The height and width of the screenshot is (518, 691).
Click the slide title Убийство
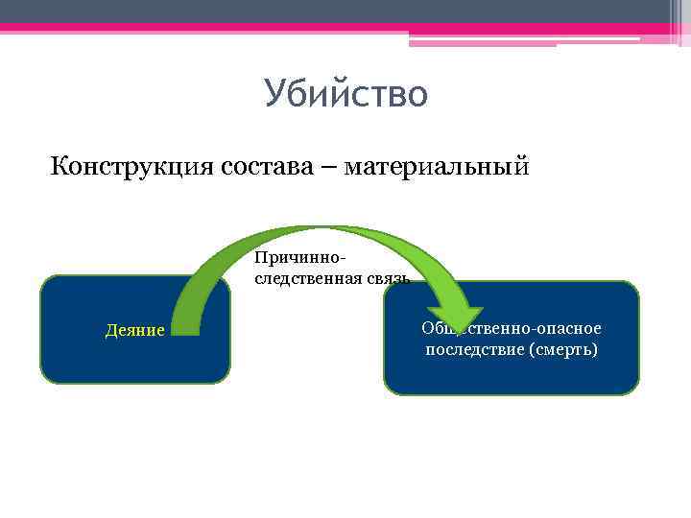click(x=345, y=95)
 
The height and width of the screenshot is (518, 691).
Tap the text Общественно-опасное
click(x=512, y=329)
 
